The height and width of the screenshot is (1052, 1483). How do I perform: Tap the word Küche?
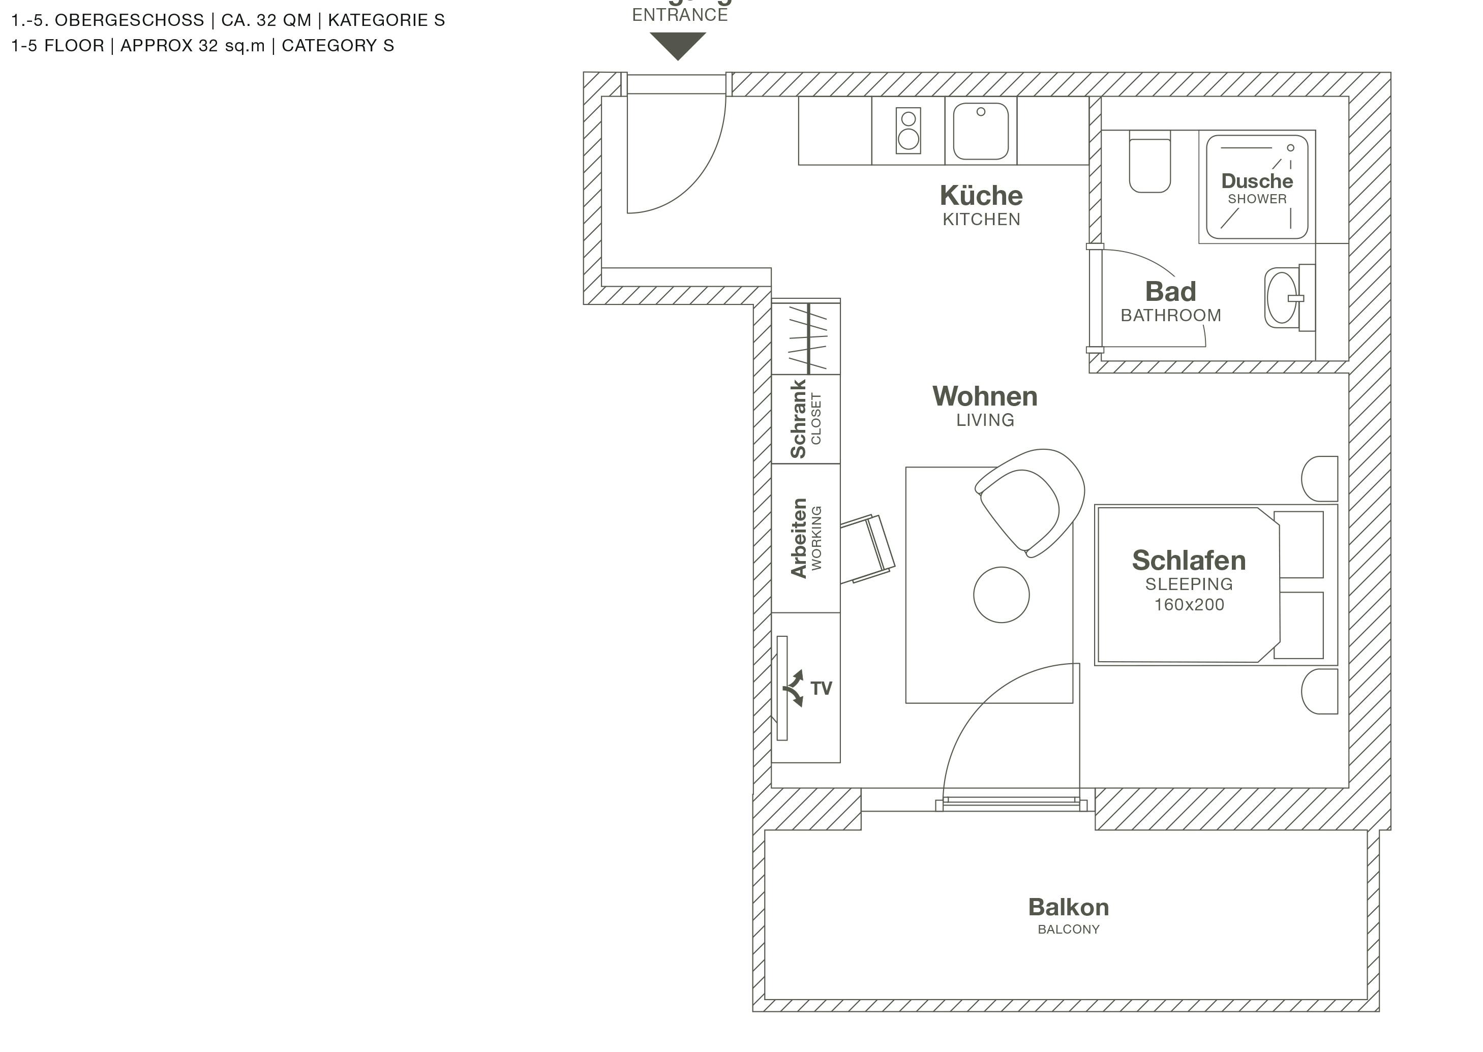981,196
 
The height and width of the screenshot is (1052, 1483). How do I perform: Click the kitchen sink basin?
980,132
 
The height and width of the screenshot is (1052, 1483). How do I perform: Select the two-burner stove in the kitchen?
909,131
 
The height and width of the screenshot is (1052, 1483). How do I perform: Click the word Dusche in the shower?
1257,181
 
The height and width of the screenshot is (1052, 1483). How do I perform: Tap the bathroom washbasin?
1282,298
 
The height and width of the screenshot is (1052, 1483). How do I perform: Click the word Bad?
1170,292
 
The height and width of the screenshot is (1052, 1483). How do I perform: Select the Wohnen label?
985,396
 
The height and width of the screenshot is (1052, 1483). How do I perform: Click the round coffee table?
1001,595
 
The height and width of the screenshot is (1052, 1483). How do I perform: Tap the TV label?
821,689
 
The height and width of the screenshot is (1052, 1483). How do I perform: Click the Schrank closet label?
798,419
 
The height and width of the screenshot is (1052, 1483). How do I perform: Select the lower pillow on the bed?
1298,625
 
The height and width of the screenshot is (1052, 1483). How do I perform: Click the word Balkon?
1068,907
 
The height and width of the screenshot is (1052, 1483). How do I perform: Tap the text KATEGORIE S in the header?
386,20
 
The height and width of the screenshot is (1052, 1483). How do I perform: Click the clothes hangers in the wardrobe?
807,337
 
